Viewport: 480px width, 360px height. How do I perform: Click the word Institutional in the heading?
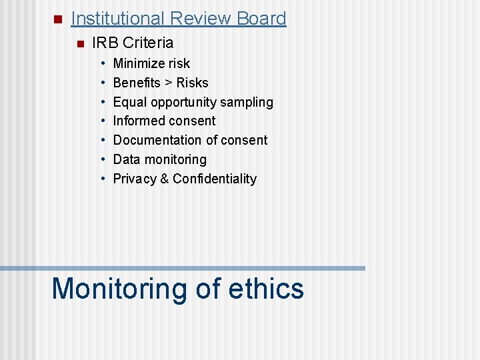click(x=117, y=19)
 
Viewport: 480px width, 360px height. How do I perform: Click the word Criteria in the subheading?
click(x=148, y=43)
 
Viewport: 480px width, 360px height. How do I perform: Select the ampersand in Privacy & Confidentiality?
click(x=164, y=179)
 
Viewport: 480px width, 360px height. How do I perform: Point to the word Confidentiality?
click(x=215, y=179)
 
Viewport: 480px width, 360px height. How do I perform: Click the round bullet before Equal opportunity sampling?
click(x=104, y=102)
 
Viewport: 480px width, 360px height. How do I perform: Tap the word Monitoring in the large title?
click(x=120, y=289)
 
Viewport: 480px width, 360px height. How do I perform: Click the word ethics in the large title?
click(x=266, y=289)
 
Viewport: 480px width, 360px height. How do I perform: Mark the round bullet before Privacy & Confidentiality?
click(x=104, y=179)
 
